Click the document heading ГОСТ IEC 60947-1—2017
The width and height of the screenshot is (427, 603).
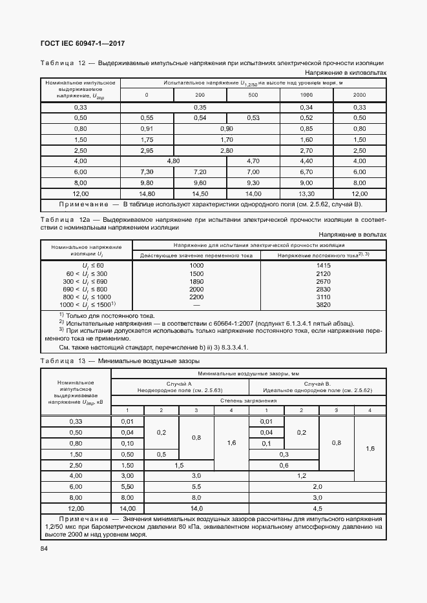tap(83, 43)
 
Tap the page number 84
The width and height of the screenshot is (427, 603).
tap(44, 549)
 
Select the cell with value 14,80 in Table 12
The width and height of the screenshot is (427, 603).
tap(147, 193)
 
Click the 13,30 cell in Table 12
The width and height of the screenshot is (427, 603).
tap(306, 193)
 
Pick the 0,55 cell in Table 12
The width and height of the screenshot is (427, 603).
tap(147, 118)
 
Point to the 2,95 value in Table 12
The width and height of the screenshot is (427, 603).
tap(147, 150)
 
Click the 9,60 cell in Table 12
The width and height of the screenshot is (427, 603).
tap(200, 183)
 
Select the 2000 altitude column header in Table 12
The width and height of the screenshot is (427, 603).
tap(359, 95)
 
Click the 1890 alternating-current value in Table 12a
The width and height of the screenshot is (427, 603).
tap(196, 281)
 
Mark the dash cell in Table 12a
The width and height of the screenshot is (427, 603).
tap(196, 304)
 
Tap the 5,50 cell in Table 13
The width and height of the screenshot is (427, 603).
tap(127, 486)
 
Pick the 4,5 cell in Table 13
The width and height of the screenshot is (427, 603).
tap(318, 509)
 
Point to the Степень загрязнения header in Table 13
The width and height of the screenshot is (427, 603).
tap(249, 400)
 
